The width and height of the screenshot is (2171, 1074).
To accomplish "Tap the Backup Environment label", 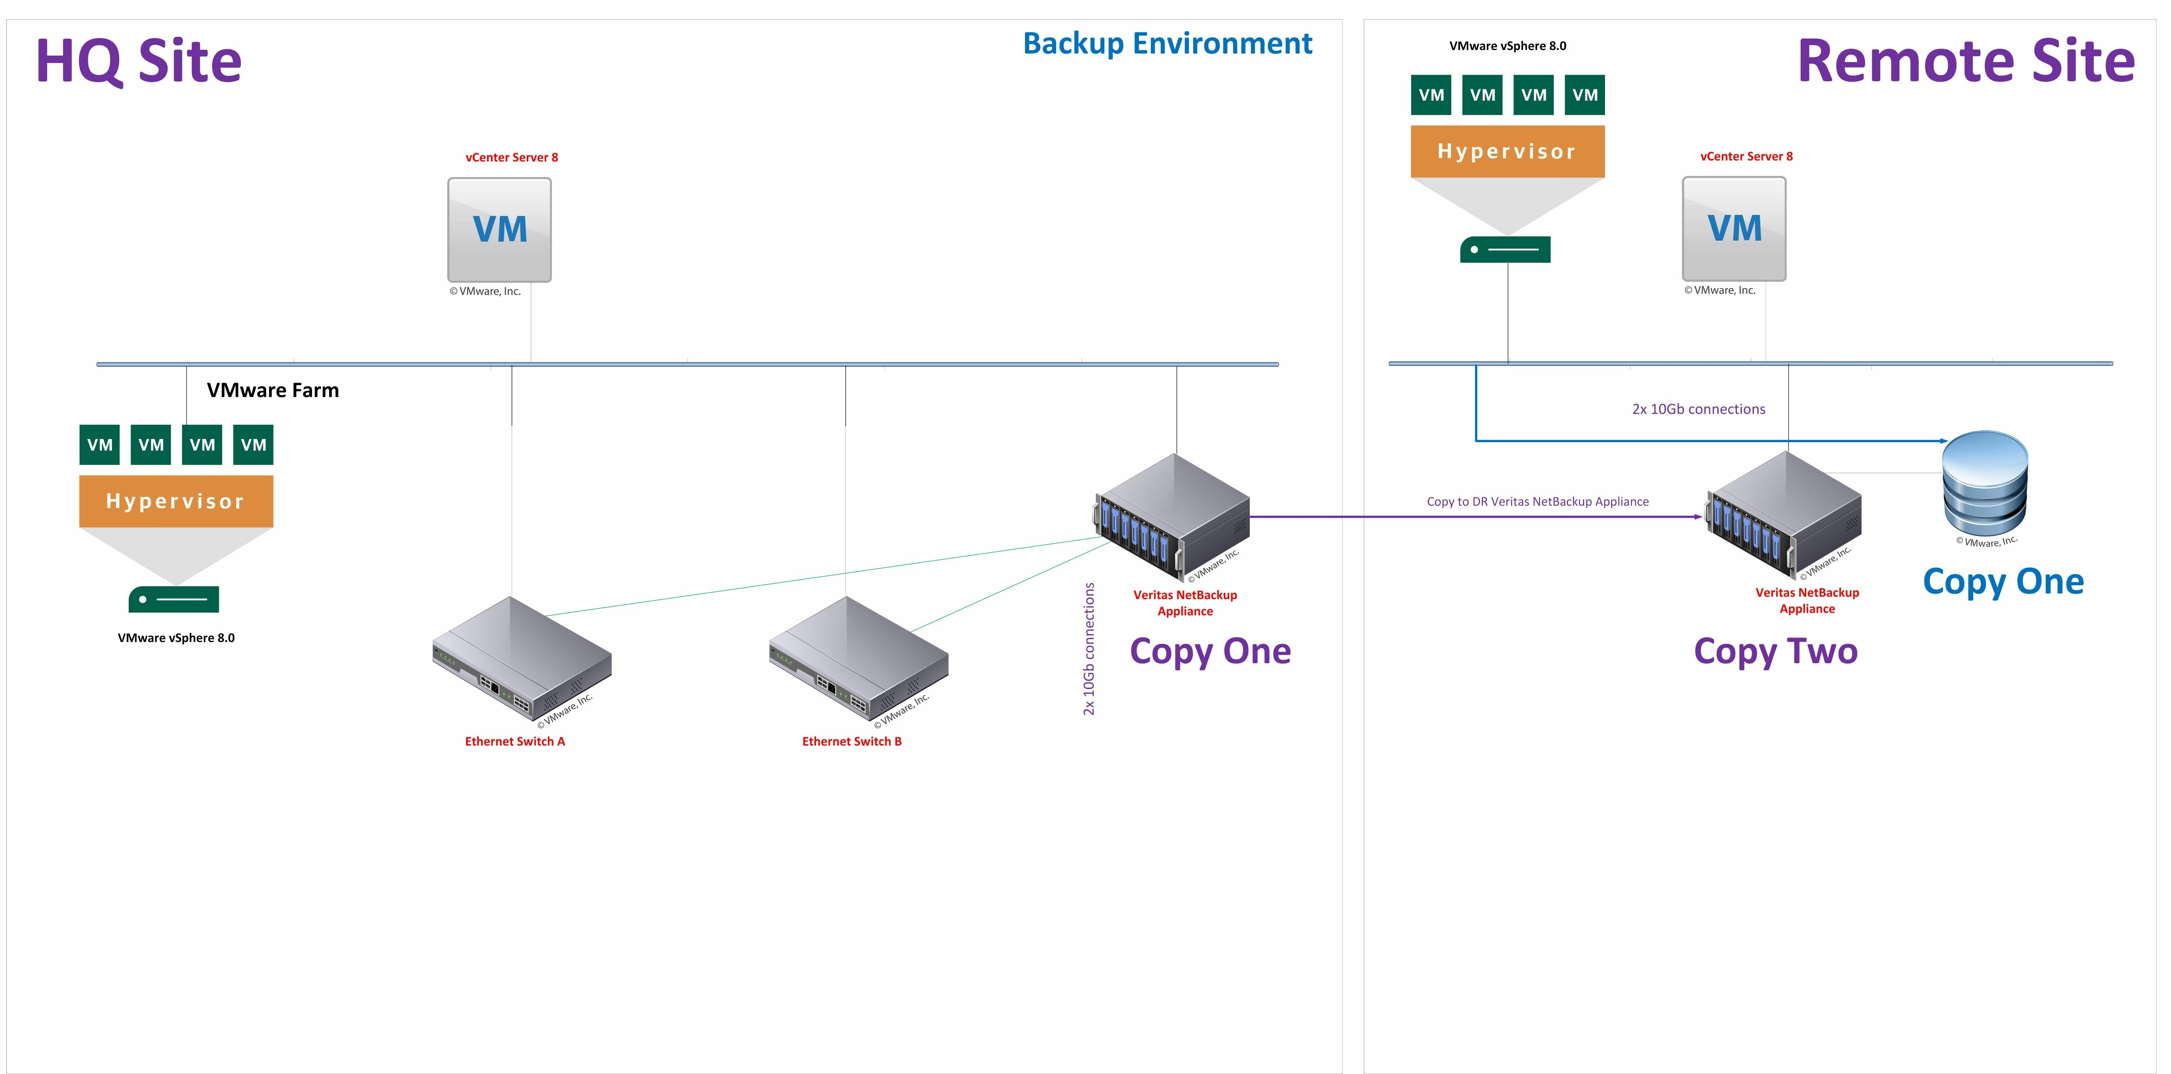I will coord(1167,44).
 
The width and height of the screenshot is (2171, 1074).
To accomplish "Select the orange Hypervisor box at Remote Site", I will coord(1507,152).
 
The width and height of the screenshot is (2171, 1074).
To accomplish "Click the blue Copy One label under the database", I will coord(2003,582).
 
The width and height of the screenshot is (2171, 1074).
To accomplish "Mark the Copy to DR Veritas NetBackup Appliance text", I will coord(1537,502).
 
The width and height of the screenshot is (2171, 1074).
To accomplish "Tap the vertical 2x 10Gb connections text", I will coord(1089,649).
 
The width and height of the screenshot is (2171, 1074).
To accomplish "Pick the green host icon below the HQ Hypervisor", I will coord(174,599).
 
